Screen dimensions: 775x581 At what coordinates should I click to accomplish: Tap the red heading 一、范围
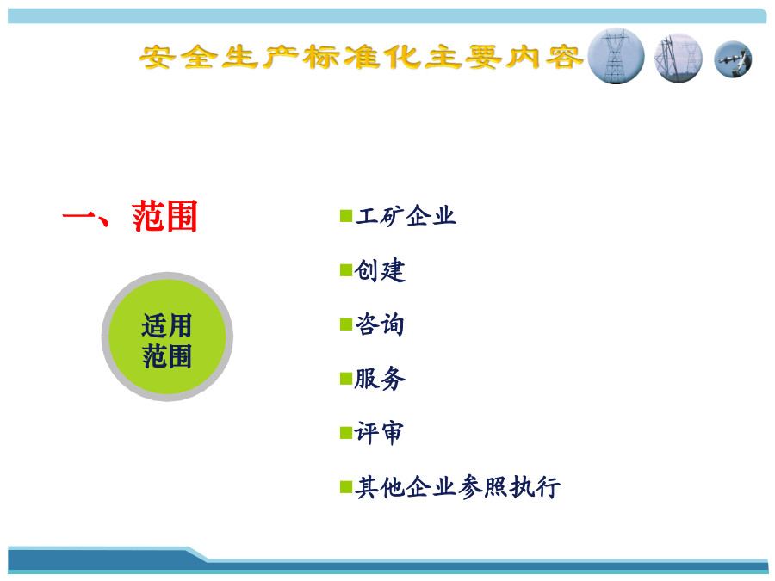point(130,216)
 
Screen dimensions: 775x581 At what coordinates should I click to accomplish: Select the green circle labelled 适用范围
point(167,337)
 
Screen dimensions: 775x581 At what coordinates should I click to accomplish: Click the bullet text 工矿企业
point(406,216)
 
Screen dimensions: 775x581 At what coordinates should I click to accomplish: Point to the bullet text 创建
point(380,270)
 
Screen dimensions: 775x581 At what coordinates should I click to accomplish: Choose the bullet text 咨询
point(380,324)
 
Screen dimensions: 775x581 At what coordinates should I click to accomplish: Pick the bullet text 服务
point(380,379)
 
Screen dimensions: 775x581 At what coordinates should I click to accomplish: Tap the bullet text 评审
point(379,433)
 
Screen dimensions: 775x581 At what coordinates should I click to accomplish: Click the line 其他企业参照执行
point(458,487)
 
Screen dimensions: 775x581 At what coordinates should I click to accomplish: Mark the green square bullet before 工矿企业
point(346,216)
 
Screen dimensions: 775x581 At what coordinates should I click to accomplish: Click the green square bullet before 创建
point(346,270)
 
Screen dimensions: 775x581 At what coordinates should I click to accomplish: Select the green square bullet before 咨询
point(346,324)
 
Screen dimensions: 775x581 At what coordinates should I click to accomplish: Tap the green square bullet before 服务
point(346,379)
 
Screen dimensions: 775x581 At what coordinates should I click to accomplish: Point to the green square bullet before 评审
point(346,433)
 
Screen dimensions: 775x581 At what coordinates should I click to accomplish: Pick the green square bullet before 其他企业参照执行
point(346,488)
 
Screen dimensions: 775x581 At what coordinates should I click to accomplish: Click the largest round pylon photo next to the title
point(616,56)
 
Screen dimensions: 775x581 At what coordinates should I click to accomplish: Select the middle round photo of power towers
point(679,58)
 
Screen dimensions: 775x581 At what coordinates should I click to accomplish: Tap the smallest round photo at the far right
point(733,59)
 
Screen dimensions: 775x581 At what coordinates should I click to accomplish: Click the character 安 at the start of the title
point(158,58)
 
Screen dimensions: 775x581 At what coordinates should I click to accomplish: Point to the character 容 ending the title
point(563,58)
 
